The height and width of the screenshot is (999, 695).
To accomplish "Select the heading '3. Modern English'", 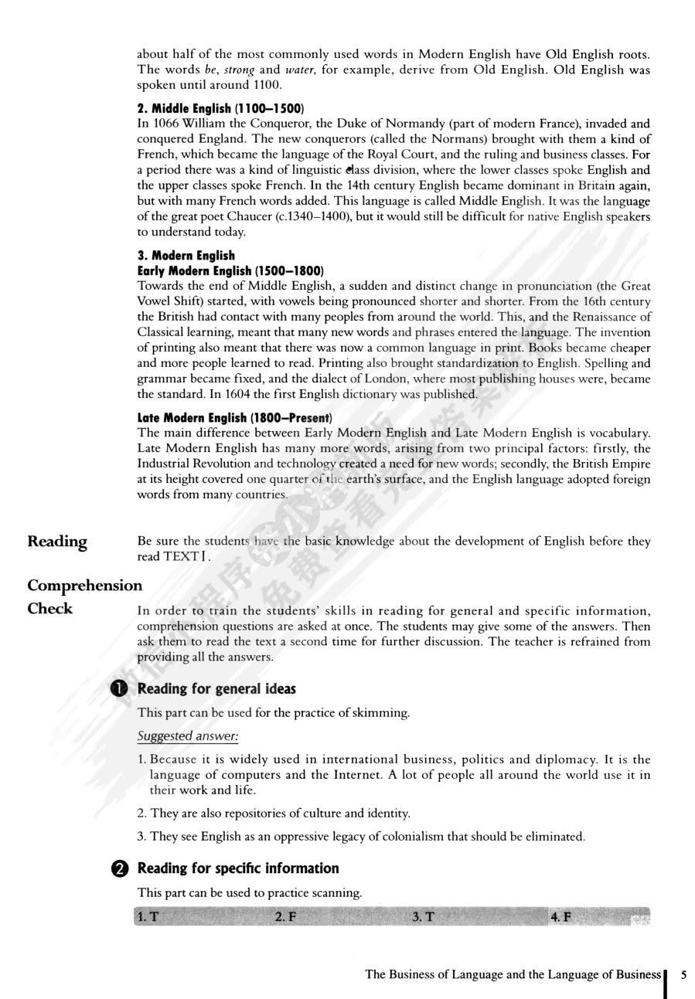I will pyautogui.click(x=186, y=255).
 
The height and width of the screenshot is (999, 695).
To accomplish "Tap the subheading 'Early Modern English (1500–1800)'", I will pyautogui.click(x=230, y=270).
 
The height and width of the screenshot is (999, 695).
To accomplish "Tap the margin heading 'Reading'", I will pyautogui.click(x=57, y=541).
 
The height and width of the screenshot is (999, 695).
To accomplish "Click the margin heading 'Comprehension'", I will pyautogui.click(x=85, y=585).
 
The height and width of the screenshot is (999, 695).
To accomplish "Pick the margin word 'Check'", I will pyautogui.click(x=50, y=608).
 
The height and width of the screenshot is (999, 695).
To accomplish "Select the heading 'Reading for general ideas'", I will pyautogui.click(x=216, y=689).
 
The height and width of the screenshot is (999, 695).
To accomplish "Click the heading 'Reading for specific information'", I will pyautogui.click(x=238, y=868).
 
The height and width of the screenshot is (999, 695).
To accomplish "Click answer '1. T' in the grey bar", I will pyautogui.click(x=147, y=917).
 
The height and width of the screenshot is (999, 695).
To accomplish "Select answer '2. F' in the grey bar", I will pyautogui.click(x=285, y=917).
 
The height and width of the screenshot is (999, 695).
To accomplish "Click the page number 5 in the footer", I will pyautogui.click(x=683, y=975).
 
